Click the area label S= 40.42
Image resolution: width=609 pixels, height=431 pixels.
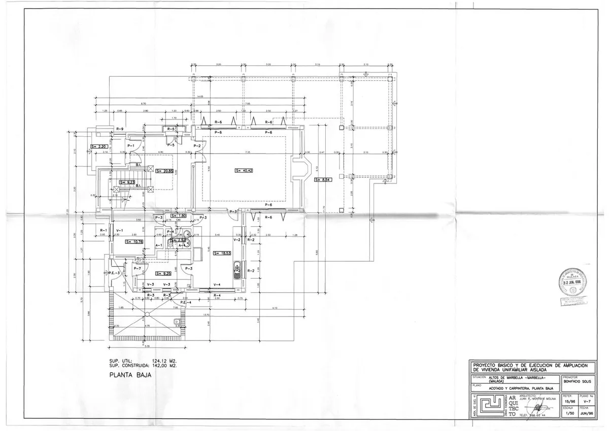click(x=244, y=170)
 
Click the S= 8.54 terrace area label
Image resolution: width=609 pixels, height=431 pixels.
click(x=323, y=179)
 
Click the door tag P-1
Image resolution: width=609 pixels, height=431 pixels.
click(x=130, y=146)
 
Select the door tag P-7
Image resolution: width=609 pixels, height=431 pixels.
click(x=137, y=268)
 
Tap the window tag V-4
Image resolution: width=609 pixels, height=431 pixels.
click(x=217, y=284)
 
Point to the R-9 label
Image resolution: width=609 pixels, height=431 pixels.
click(x=120, y=129)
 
